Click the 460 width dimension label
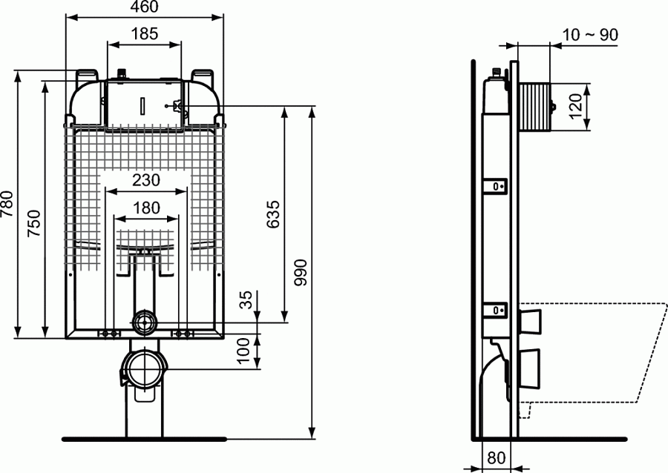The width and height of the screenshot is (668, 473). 145,8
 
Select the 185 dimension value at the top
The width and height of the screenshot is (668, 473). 145,33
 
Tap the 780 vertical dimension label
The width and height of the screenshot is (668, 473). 8,205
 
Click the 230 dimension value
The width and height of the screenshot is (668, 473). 146,180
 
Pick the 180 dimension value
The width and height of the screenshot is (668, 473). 146,208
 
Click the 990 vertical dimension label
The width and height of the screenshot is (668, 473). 301,272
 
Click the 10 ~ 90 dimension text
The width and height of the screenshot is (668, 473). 590,35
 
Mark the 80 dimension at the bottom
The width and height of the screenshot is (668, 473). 497,459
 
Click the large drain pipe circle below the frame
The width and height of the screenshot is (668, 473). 143,368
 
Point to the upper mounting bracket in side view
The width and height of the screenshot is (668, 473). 497,186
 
